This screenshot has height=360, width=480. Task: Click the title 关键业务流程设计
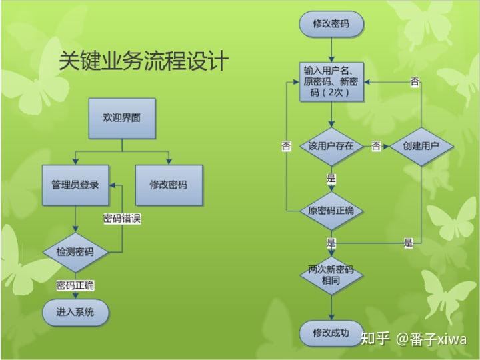[x=143, y=61]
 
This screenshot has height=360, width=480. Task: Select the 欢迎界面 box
[x=121, y=118]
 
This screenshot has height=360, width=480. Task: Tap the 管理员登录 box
[x=75, y=184]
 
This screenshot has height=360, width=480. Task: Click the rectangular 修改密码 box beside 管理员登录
[x=168, y=184]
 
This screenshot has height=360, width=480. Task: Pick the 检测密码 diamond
[x=75, y=252]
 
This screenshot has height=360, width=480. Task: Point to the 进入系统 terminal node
[x=75, y=311]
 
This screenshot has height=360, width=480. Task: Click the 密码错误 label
[x=122, y=218]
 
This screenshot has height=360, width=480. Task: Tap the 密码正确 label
[x=75, y=285]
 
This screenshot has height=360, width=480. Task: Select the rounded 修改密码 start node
[x=331, y=25]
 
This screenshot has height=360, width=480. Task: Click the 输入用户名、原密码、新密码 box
[x=331, y=83]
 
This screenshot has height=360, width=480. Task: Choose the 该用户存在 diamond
[x=331, y=146]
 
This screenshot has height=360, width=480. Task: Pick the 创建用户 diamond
[x=421, y=146]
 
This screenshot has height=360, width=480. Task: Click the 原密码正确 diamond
[x=331, y=211]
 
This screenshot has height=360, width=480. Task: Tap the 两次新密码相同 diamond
[x=331, y=275]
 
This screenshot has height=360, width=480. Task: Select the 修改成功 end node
[x=331, y=332]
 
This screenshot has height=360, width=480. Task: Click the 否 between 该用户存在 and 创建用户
[x=376, y=146]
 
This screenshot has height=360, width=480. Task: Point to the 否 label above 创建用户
[x=415, y=82]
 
